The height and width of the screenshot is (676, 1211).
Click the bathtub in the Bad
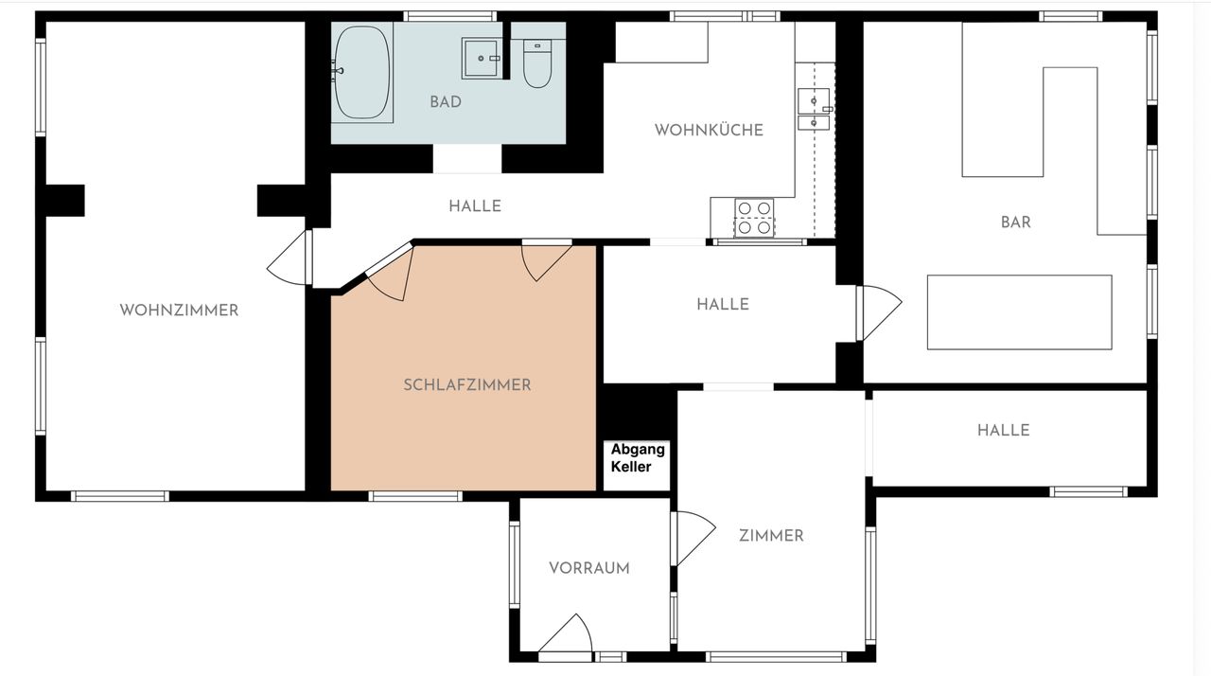click(x=362, y=73)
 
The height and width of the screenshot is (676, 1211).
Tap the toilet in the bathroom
click(x=537, y=63)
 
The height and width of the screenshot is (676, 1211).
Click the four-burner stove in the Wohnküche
click(x=754, y=218)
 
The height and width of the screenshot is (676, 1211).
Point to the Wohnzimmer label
click(x=179, y=311)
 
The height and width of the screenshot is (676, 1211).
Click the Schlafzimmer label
click(x=467, y=385)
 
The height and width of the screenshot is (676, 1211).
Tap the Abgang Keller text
click(x=638, y=458)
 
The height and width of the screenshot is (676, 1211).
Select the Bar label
click(x=1016, y=222)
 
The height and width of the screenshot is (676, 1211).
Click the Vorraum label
click(x=589, y=568)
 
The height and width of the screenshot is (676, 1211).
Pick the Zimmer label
click(x=771, y=536)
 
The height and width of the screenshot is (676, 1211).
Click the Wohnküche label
click(x=709, y=131)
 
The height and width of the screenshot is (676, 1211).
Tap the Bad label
click(x=446, y=102)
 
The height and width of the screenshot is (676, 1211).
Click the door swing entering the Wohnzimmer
click(x=290, y=258)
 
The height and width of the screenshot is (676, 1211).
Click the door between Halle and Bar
click(x=879, y=313)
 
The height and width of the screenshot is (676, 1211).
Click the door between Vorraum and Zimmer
click(x=693, y=539)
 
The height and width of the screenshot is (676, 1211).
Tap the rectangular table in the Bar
click(x=1020, y=312)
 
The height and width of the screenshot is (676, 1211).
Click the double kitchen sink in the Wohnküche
click(x=814, y=109)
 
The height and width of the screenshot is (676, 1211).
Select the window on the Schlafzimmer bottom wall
click(x=415, y=496)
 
